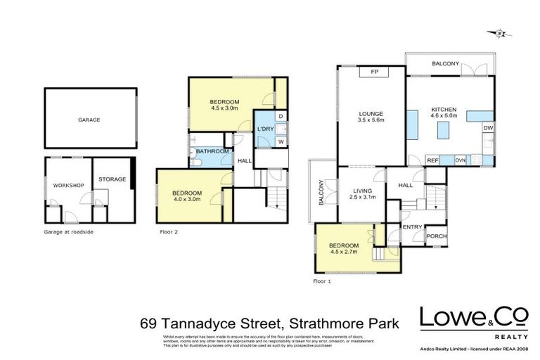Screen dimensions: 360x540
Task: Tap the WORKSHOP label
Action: point(68,185)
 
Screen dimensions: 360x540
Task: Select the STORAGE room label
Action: point(112,179)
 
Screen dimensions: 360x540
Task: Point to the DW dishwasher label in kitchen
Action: point(487,128)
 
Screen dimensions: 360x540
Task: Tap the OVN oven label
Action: point(461,161)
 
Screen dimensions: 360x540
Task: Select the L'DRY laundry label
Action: point(264,129)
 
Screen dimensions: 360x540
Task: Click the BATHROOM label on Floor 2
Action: point(212,151)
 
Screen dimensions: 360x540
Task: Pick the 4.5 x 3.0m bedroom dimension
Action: point(225,109)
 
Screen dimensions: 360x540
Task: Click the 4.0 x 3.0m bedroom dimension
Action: point(187,200)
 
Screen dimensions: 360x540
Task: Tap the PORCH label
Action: point(437,237)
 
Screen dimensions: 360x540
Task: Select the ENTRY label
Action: point(411,227)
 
